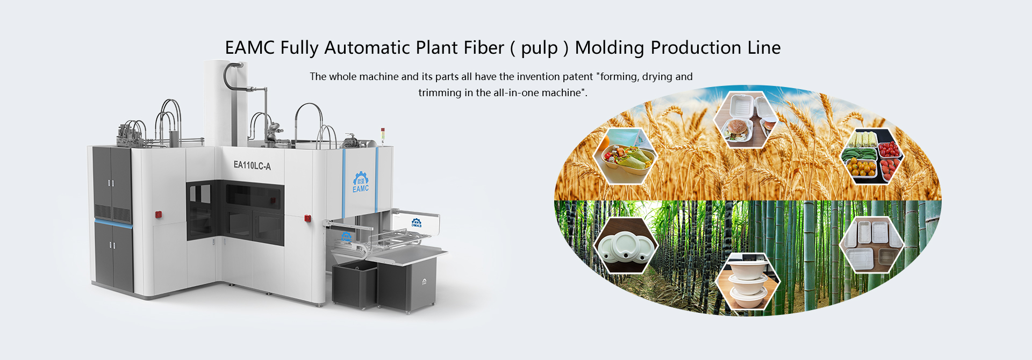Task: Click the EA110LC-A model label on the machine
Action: [252, 165]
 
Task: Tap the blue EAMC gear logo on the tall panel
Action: [361, 182]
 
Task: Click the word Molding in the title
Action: [610, 48]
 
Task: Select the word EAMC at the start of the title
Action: [250, 48]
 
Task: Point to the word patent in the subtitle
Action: [578, 76]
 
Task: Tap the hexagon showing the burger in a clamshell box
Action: [747, 120]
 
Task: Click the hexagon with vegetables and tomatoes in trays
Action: [872, 155]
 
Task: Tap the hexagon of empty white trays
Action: [872, 244]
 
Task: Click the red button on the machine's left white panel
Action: [159, 214]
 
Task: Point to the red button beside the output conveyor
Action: [308, 218]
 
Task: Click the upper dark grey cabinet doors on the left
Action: [112, 183]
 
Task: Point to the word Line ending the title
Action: [764, 48]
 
